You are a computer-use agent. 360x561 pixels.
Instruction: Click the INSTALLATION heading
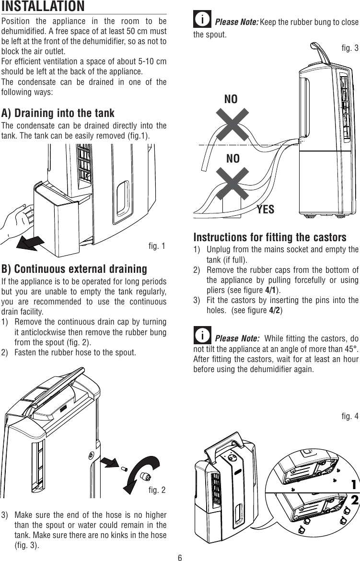click(x=43, y=7)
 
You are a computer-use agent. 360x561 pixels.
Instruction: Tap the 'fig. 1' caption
click(x=157, y=246)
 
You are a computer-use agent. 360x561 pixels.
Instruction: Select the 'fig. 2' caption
click(x=157, y=490)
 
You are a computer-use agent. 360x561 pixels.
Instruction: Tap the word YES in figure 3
click(x=266, y=209)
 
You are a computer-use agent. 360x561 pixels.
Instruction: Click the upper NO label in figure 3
click(x=231, y=99)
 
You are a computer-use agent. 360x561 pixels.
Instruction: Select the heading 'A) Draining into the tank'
click(x=58, y=113)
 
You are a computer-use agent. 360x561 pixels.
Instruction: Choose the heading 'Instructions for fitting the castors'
click(x=269, y=237)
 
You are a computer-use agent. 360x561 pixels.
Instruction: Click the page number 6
click(x=180, y=557)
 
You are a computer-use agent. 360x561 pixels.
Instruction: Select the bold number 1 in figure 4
click(x=354, y=484)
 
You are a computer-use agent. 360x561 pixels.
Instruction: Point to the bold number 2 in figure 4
click(x=354, y=500)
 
